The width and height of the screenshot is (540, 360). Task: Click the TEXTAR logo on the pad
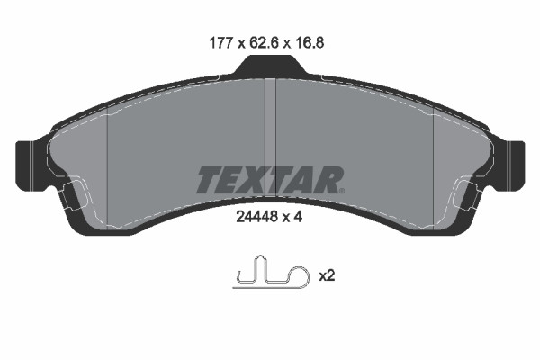[x=269, y=180]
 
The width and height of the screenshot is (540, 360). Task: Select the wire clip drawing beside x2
[x=268, y=273]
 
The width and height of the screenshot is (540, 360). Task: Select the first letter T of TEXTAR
[x=207, y=180]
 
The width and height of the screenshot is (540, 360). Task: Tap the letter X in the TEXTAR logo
[x=256, y=180]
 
